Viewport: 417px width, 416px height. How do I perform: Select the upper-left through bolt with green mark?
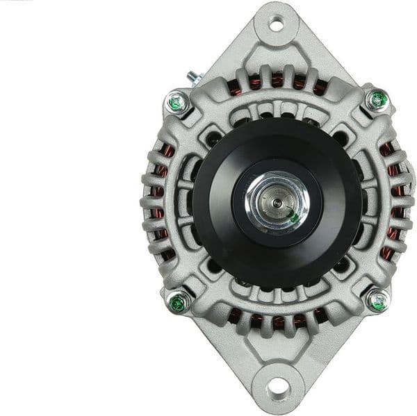click(178, 103)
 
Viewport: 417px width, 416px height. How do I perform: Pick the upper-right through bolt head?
click(376, 101)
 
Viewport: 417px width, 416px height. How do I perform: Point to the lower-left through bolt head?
click(178, 302)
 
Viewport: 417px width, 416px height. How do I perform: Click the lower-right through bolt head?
click(377, 301)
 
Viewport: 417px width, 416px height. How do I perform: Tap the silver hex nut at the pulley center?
click(277, 202)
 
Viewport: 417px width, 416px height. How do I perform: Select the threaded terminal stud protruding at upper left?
click(192, 77)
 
